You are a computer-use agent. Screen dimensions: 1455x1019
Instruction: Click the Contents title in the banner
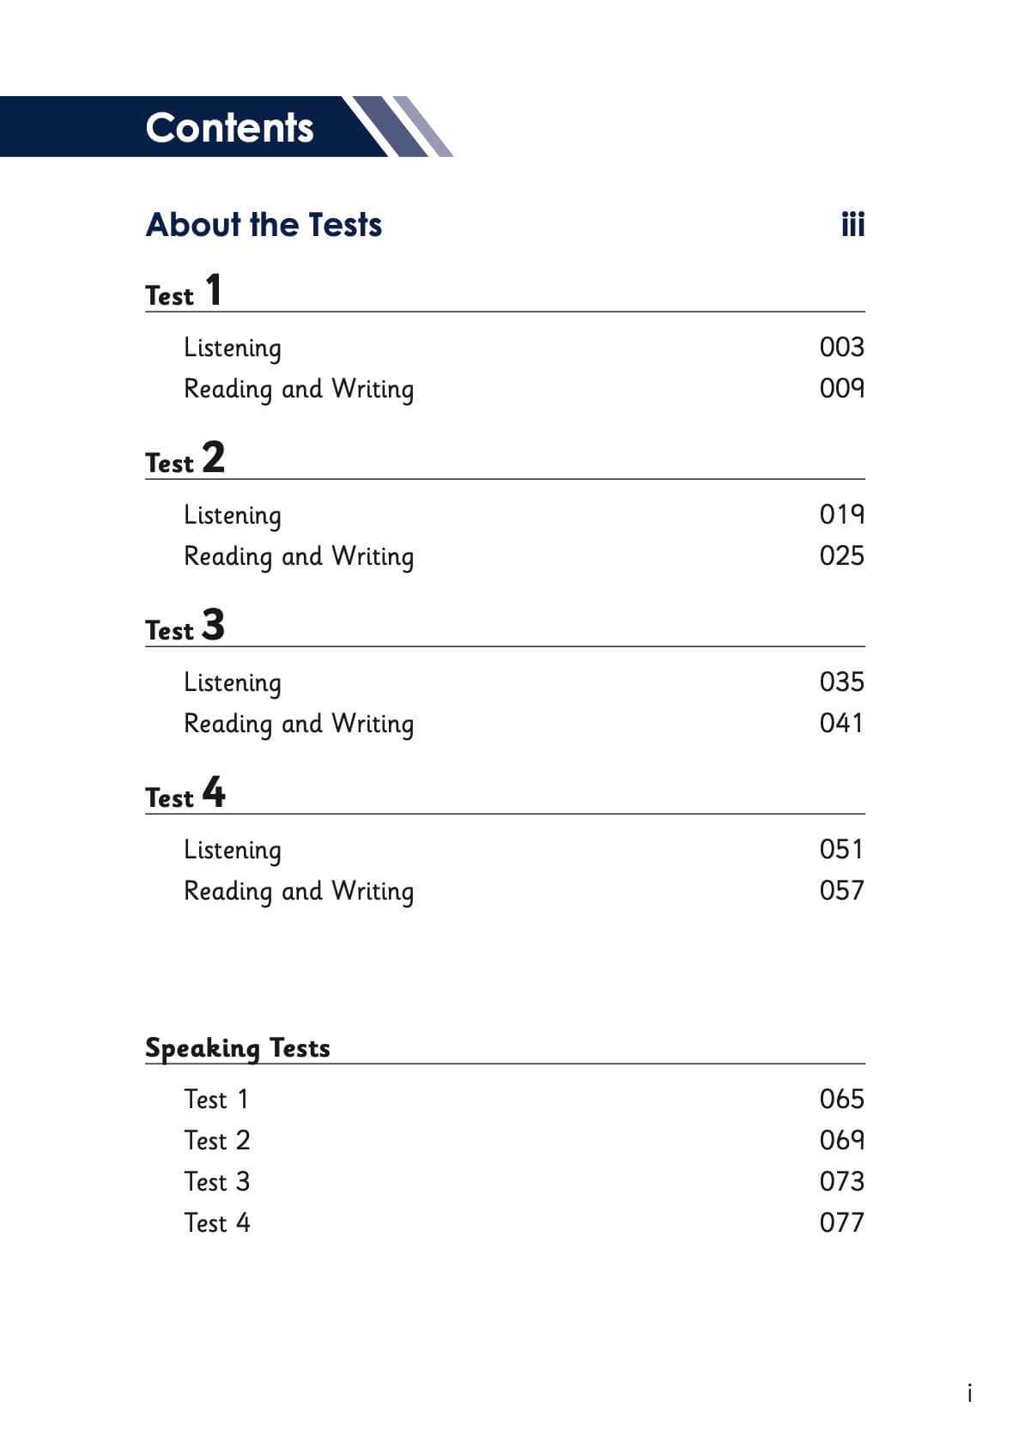(229, 127)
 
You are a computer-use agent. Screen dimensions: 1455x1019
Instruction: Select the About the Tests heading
(264, 225)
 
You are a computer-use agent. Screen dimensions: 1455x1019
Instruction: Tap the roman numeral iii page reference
(852, 225)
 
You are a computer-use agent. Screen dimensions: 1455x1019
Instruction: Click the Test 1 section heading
(184, 292)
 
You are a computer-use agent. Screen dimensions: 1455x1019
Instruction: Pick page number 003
(841, 347)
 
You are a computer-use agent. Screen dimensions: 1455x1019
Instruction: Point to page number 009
(841, 388)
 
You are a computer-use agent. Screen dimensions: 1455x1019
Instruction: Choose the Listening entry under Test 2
(233, 515)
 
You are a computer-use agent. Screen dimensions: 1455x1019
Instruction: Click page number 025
(841, 555)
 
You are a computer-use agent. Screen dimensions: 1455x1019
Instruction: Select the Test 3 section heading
(185, 627)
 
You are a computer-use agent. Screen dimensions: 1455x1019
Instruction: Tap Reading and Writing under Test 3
(299, 724)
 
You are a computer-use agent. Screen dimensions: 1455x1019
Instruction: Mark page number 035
(841, 682)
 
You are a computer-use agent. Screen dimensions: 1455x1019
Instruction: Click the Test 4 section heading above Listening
(185, 794)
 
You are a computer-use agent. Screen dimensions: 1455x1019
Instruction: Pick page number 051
(841, 849)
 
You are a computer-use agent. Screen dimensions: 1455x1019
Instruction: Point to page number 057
(841, 890)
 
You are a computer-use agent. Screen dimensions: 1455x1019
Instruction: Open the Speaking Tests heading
(237, 1048)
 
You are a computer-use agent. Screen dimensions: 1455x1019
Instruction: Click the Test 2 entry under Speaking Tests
(217, 1141)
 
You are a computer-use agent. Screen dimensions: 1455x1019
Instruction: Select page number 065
(841, 1099)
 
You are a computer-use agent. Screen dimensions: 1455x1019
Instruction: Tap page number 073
(841, 1181)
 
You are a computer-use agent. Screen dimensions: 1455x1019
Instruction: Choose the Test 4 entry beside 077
(217, 1222)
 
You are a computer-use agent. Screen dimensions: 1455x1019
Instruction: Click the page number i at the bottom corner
(969, 1392)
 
